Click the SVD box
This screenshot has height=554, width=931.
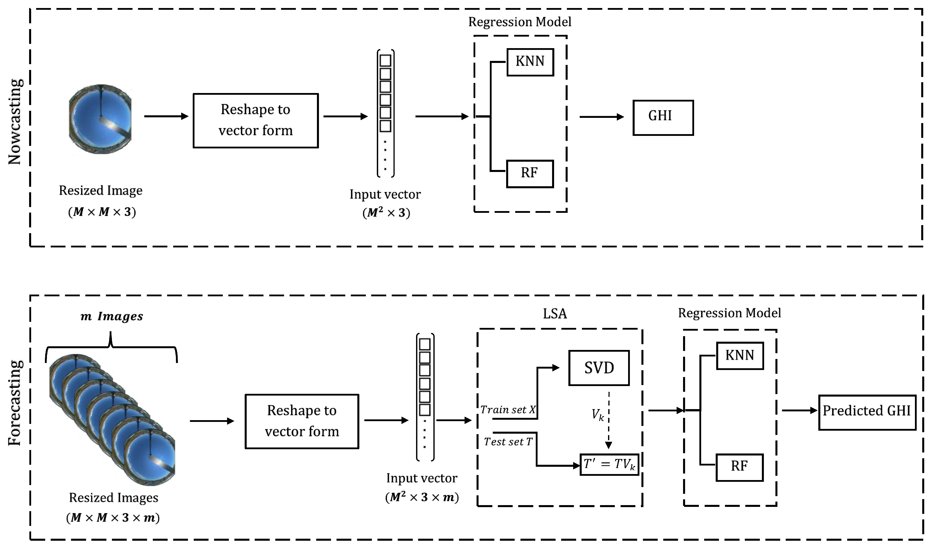(598, 368)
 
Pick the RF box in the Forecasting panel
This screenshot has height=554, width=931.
(739, 467)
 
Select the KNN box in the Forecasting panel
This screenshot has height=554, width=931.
(739, 356)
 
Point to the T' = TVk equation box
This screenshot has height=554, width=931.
(609, 465)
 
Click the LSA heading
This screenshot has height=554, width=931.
(555, 314)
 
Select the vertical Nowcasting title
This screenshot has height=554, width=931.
(15, 122)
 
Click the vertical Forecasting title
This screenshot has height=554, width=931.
(15, 403)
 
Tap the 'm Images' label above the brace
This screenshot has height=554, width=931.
(112, 317)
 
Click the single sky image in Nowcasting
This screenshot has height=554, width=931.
(100, 119)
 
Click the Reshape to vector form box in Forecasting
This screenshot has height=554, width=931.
(302, 421)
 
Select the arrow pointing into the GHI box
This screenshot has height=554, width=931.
(602, 117)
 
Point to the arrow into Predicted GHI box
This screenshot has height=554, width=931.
(800, 411)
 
